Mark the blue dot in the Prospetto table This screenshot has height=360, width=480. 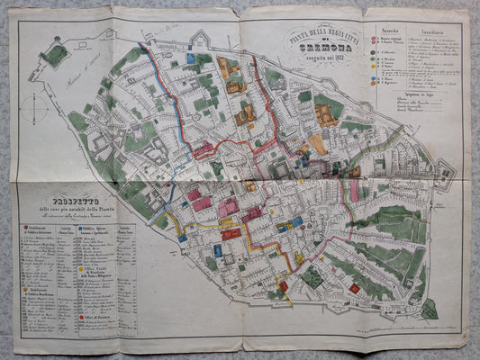tap(78, 228)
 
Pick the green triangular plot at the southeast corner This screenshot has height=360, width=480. tap(429, 309)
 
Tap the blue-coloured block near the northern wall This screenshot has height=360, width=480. tap(190, 58)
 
